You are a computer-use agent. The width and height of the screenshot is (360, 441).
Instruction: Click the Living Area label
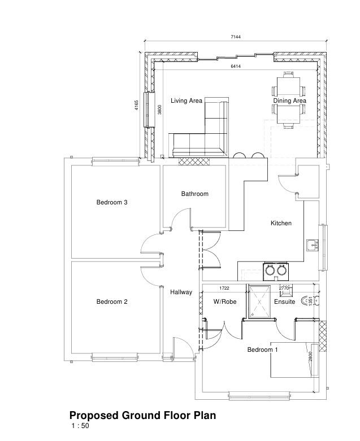(186, 101)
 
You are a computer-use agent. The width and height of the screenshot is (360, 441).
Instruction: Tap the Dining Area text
(289, 101)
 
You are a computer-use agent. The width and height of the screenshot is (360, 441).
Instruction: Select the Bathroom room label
(195, 194)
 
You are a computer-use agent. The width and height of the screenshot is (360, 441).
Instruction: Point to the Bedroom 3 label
(112, 202)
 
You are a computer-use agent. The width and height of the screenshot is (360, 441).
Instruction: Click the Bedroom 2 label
(112, 302)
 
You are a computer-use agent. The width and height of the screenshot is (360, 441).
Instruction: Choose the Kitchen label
(281, 223)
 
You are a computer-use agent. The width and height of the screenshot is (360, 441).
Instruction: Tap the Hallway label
(181, 292)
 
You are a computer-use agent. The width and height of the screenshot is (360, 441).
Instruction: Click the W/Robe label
(225, 302)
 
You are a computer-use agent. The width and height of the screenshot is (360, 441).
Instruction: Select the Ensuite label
(285, 302)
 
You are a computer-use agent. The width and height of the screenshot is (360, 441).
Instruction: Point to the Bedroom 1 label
(262, 350)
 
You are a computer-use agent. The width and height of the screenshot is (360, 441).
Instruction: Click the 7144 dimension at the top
(236, 37)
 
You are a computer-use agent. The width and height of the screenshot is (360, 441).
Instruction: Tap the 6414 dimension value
(236, 67)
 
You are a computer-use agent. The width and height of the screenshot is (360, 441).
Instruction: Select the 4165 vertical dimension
(137, 105)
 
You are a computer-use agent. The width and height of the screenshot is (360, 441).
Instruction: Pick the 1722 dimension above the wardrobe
(224, 289)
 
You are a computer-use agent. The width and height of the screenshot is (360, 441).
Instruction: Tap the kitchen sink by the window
(313, 244)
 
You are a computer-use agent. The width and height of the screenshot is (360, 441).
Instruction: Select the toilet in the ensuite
(309, 301)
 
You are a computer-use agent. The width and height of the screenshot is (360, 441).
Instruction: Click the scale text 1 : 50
(80, 426)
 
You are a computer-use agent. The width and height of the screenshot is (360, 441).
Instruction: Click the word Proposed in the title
(94, 416)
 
